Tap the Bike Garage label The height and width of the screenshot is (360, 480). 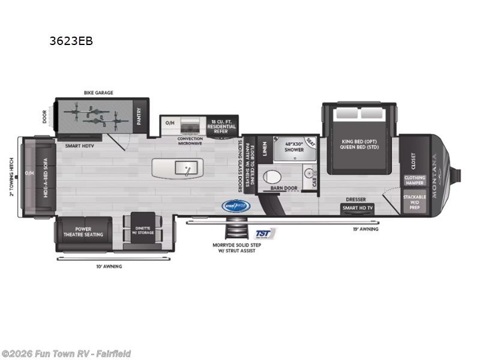click(98, 93)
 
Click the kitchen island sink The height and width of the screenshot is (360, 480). click(186, 167)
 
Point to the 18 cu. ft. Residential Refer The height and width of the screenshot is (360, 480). click(223, 124)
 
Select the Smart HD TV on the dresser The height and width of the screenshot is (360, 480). click(358, 208)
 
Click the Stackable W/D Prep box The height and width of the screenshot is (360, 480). click(415, 201)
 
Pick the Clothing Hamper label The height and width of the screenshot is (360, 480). click(415, 180)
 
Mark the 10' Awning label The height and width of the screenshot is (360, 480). click(109, 266)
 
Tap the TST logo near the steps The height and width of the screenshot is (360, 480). click(263, 233)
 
